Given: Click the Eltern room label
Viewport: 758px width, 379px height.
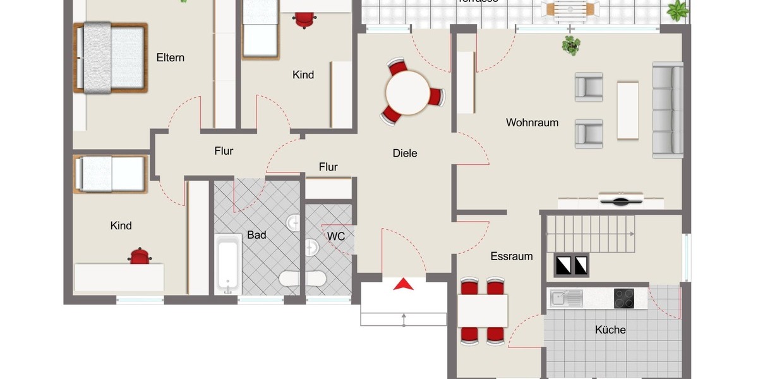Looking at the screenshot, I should pos(171,57).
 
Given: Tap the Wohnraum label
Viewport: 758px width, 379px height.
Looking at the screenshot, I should pos(532,123).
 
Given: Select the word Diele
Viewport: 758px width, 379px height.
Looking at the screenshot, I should pos(404,153).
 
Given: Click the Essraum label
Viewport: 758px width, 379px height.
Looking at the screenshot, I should pos(512,256).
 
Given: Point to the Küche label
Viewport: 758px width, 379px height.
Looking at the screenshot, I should pos(610,329).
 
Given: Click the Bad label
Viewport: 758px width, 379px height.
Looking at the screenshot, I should pos(256,234).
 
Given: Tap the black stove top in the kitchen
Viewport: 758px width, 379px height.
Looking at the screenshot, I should pos(623,298).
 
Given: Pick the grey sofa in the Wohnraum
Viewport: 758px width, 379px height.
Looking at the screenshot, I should pos(668,109).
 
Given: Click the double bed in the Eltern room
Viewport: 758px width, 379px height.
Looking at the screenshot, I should pos(111,58).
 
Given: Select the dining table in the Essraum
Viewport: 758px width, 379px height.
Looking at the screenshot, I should pos(483,310).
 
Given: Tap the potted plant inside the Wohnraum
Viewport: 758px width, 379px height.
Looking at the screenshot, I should pos(572,45).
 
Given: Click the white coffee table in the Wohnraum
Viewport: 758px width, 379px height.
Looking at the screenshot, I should pos(628,110).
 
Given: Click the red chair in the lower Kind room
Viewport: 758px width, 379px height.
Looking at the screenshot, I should pos(139,256).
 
